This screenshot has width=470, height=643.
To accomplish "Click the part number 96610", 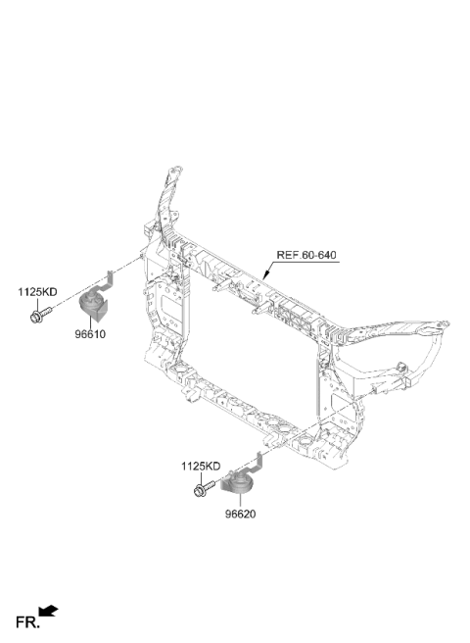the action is (x=90, y=334).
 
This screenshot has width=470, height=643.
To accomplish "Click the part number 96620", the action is (x=240, y=514).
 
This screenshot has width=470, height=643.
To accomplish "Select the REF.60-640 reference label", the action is (x=306, y=255).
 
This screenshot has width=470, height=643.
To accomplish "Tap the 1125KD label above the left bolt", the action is (x=37, y=292).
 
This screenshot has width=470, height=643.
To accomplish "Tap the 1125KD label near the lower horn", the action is (x=201, y=467).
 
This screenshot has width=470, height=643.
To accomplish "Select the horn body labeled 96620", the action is (x=239, y=483).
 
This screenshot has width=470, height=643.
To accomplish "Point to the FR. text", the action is (x=27, y=622).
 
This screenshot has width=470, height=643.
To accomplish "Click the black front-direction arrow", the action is (x=48, y=611).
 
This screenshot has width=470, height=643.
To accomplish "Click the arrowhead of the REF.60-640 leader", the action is (x=265, y=276).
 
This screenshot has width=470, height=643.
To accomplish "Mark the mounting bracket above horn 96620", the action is (x=251, y=463).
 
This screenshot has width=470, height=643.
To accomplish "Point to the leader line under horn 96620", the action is (x=240, y=501).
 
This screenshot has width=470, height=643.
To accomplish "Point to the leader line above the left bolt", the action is (x=37, y=304).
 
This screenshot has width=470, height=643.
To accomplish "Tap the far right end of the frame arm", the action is (x=447, y=323).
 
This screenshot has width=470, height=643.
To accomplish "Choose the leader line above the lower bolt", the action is (x=201, y=478).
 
